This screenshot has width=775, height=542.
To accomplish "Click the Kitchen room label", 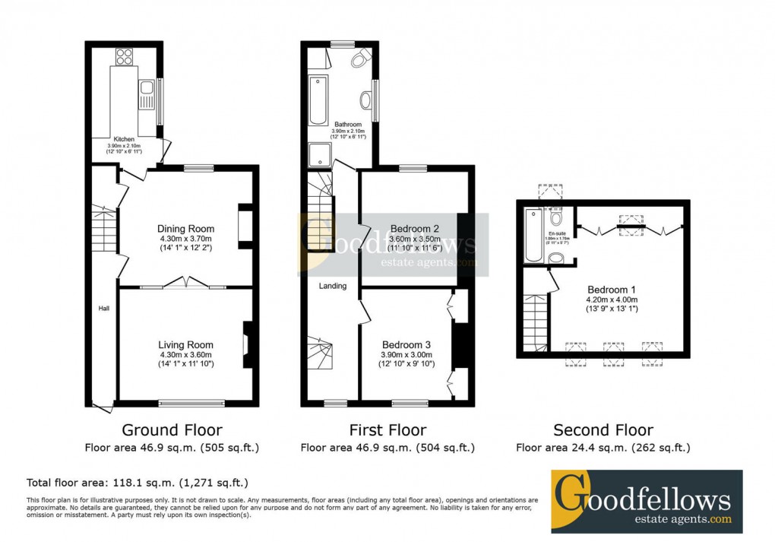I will [x=124, y=140].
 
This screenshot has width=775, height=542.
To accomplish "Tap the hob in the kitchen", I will [x=124, y=55].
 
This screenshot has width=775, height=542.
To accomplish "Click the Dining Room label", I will [x=185, y=229].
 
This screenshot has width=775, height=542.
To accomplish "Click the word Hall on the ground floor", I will [x=104, y=309].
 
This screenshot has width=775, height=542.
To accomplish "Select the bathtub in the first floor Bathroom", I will [x=318, y=100].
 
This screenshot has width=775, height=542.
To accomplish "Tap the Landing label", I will [x=333, y=287].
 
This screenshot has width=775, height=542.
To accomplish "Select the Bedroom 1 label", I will [x=612, y=290].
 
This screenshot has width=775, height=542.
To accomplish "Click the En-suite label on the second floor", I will [x=558, y=233].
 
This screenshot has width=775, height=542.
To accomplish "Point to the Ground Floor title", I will [x=172, y=430].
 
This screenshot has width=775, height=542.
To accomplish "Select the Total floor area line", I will [x=138, y=483].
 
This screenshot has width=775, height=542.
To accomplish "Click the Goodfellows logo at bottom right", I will [x=646, y=500].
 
